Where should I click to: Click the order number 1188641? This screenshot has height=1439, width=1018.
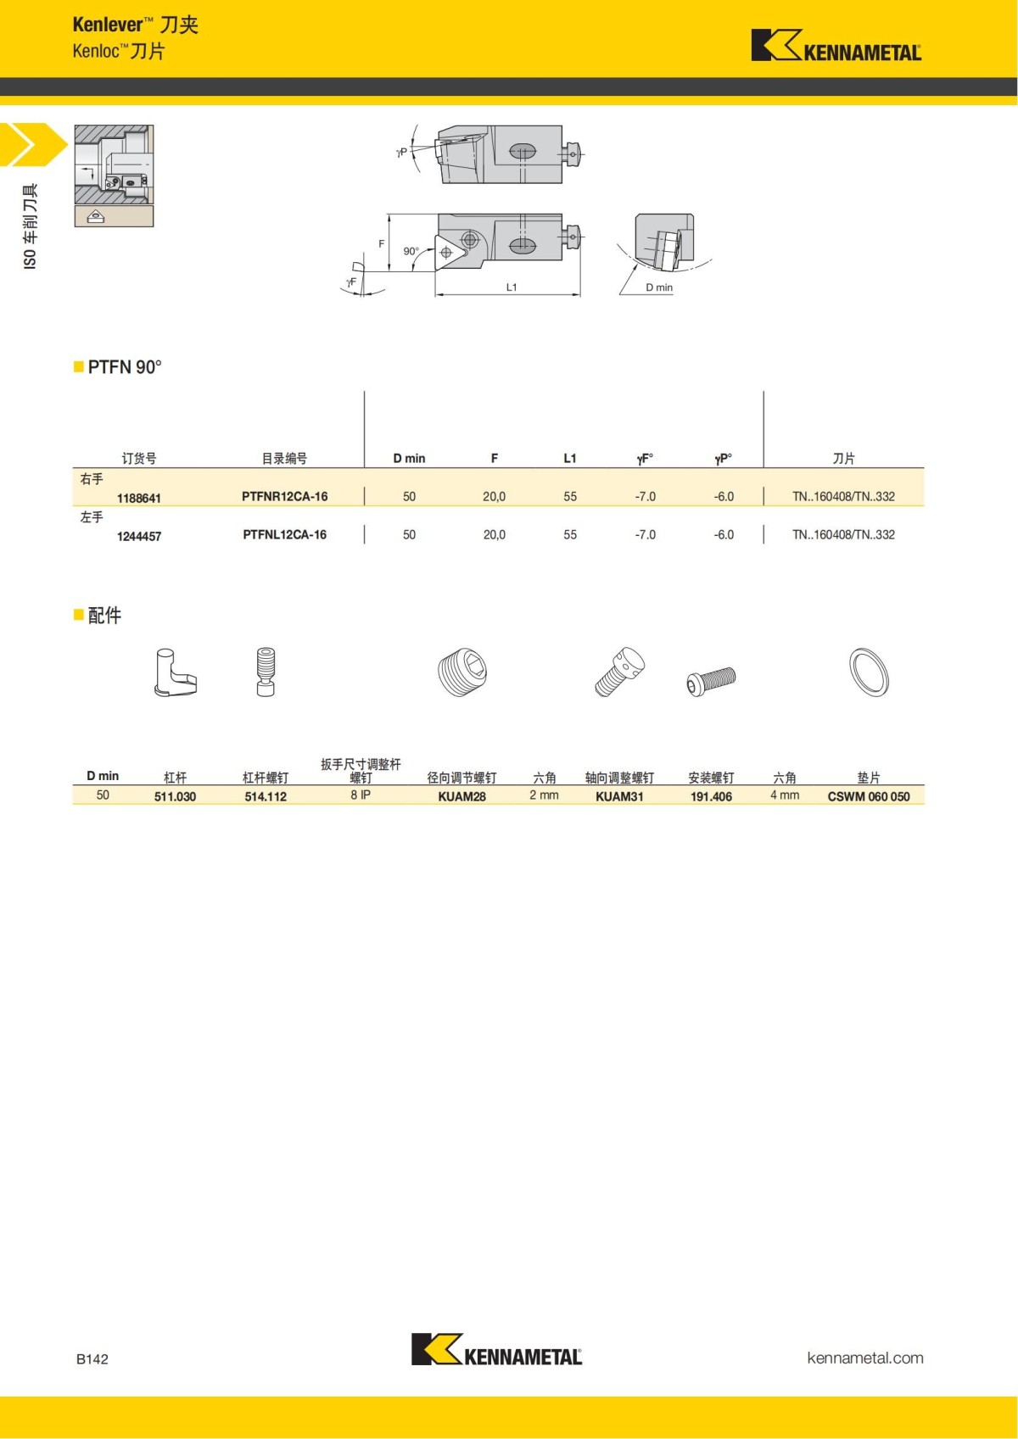click(138, 498)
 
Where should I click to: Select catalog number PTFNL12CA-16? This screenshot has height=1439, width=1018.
click(284, 535)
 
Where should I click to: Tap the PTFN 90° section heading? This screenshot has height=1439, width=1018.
click(124, 367)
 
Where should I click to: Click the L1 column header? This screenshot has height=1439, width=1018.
click(569, 459)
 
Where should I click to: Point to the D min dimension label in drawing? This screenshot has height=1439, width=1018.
click(658, 287)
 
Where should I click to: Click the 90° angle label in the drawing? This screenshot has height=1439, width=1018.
click(411, 251)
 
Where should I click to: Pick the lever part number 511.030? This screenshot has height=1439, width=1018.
click(175, 797)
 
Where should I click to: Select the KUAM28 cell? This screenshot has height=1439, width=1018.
click(461, 797)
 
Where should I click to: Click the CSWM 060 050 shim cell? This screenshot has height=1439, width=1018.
click(868, 797)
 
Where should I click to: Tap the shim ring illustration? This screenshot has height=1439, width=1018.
click(869, 672)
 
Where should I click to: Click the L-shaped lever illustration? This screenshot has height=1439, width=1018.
click(175, 673)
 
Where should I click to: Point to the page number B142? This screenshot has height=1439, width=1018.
click(92, 1359)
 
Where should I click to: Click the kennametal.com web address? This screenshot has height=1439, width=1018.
click(864, 1358)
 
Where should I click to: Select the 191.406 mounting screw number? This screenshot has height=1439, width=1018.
click(711, 797)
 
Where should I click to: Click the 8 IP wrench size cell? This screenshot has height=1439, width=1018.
click(361, 795)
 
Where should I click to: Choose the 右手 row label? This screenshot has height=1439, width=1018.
click(92, 479)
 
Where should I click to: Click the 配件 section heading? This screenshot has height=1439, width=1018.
click(103, 616)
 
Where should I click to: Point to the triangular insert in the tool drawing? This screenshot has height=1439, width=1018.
click(447, 252)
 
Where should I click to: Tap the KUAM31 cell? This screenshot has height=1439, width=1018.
click(619, 797)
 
